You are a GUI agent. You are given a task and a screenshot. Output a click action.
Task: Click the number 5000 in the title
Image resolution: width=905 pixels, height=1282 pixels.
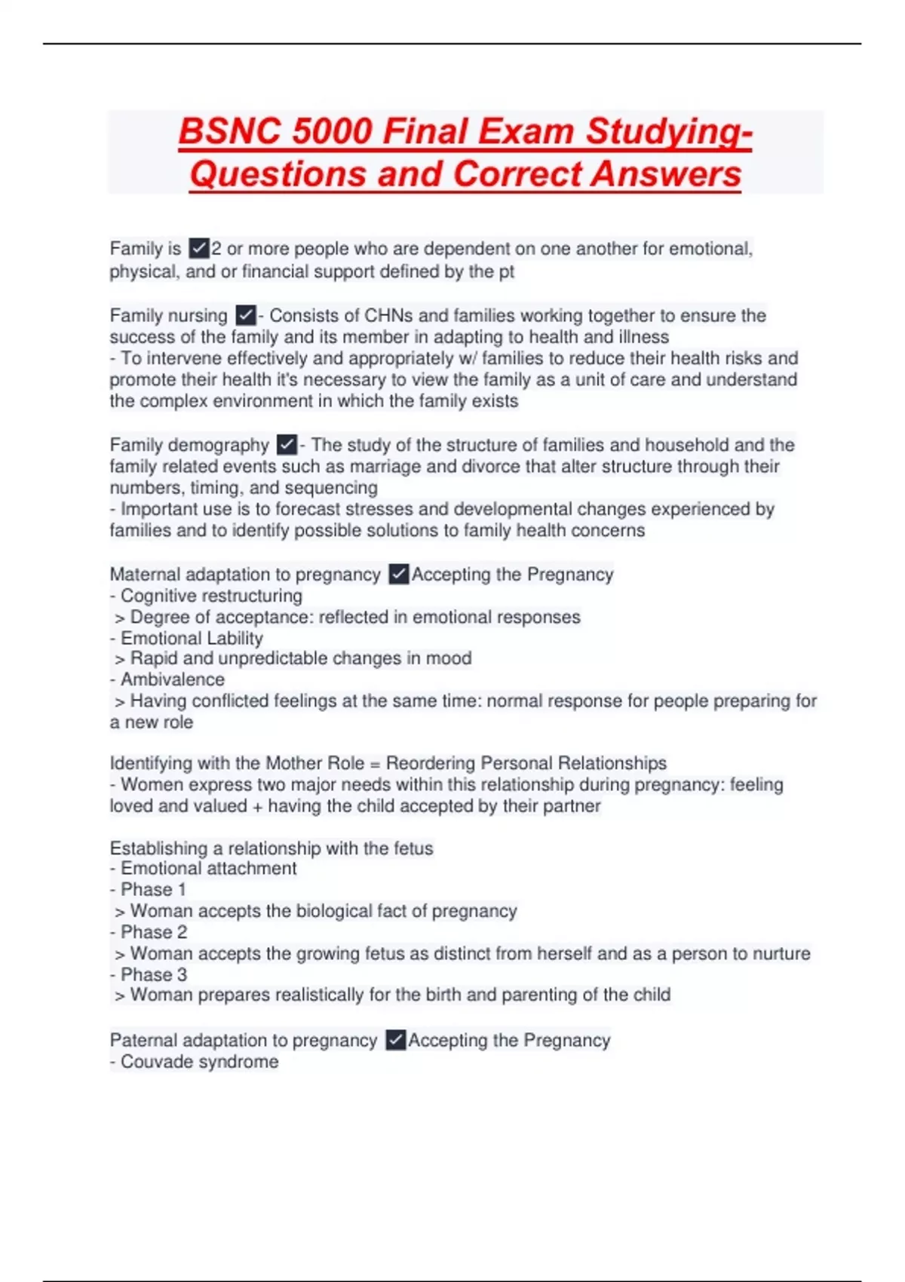[x=332, y=132]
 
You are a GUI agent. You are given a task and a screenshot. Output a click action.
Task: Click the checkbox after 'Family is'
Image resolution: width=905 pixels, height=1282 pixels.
[x=199, y=248]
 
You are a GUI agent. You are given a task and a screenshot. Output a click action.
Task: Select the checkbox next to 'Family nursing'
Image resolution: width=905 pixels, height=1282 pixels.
[x=246, y=315]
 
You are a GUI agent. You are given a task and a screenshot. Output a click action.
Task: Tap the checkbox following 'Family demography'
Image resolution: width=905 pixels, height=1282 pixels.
[x=287, y=445]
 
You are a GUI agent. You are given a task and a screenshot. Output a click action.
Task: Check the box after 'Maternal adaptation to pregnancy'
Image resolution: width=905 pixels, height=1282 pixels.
[x=399, y=575]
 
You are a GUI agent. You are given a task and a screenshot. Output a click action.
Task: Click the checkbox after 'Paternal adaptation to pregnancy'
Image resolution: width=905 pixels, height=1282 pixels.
[x=395, y=1041]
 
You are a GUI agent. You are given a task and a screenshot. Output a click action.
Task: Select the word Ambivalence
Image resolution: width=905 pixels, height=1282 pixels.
[x=173, y=679]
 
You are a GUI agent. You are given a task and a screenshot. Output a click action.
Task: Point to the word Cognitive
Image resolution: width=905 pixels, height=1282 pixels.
[x=156, y=596]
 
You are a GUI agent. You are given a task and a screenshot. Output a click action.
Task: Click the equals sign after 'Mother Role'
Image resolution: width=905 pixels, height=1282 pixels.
[x=375, y=763]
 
